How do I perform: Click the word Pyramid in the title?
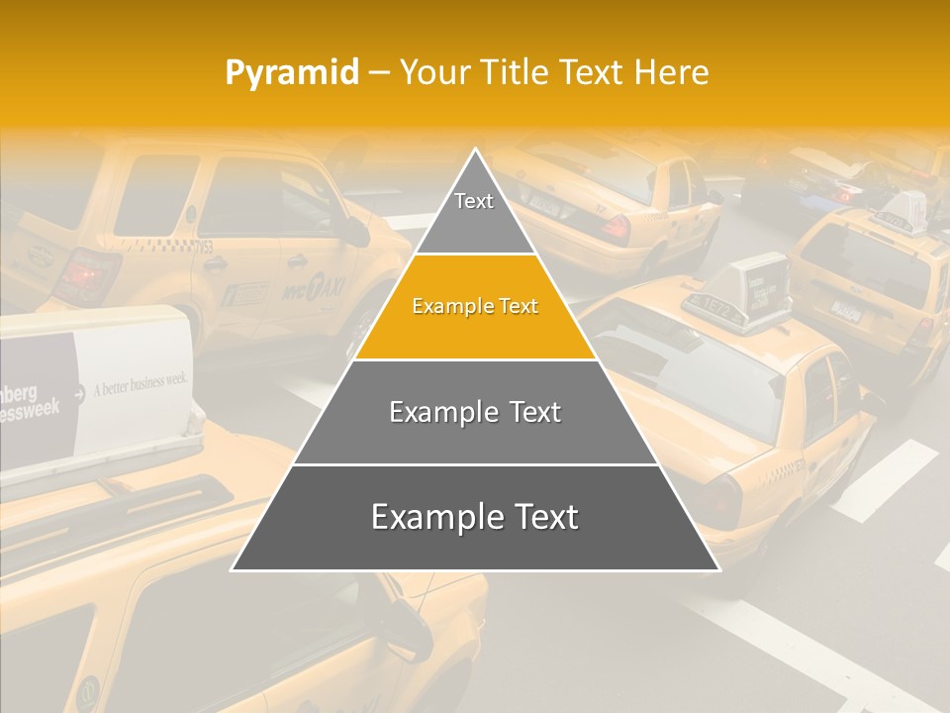[x=292, y=72]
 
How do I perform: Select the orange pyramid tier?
[x=475, y=307]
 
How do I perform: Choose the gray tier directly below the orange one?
[x=475, y=412]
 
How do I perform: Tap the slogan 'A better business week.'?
[x=140, y=383]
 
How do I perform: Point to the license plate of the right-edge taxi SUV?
[x=846, y=308]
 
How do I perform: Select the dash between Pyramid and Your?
[x=379, y=72]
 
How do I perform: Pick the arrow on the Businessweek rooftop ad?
[x=78, y=390]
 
